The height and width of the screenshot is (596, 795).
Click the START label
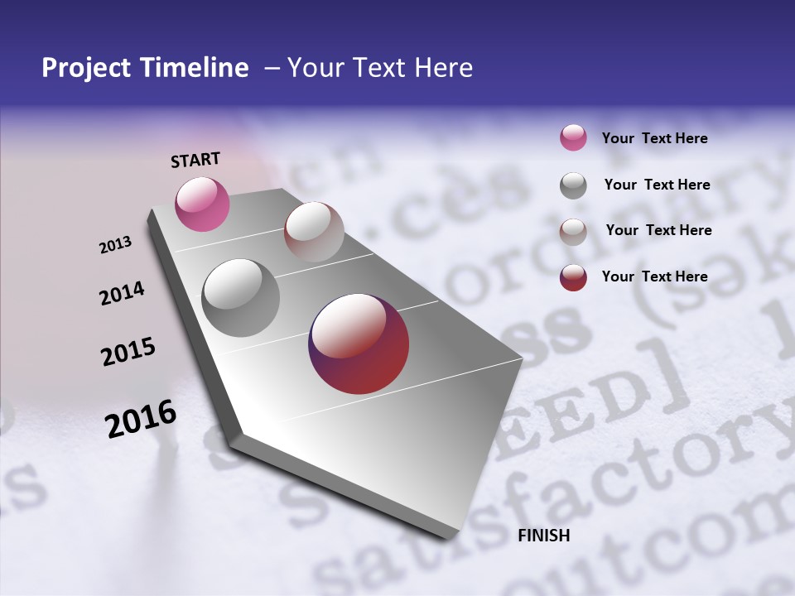pos(195,160)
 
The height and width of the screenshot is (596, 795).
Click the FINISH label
pos(543,536)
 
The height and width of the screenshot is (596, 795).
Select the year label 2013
pos(116,245)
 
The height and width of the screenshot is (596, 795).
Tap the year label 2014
pos(122,294)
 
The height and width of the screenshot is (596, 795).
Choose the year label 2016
pos(141,419)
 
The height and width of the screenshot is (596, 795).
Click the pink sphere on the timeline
pos(202,204)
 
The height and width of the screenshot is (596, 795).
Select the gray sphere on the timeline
pos(240,298)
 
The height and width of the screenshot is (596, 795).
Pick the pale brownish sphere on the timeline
pos(314,232)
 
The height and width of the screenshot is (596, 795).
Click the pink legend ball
pos(573,138)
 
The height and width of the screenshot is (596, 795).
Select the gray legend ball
pos(573,185)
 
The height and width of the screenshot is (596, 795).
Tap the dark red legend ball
pos(573,277)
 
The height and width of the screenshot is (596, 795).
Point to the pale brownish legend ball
pos(573,232)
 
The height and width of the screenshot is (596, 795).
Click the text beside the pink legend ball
pos(654,138)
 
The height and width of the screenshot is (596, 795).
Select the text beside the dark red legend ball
pos(654,276)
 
